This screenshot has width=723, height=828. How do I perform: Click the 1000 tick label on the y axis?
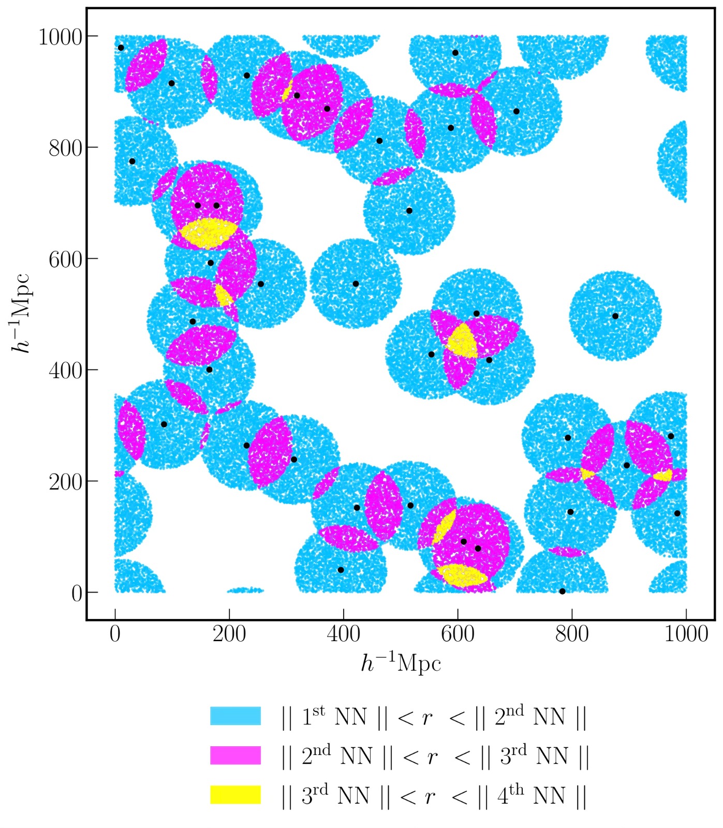pyautogui.click(x=61, y=37)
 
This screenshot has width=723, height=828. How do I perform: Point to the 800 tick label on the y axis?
pyautogui.click(x=66, y=148)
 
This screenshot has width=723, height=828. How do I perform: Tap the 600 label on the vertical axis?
pyautogui.click(x=66, y=259)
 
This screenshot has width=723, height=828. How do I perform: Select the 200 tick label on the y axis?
pyautogui.click(x=66, y=482)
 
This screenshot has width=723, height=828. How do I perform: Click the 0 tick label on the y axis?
pyautogui.click(x=77, y=593)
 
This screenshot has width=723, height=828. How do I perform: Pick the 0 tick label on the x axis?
pyautogui.click(x=115, y=634)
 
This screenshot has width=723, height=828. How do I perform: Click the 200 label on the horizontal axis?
pyautogui.click(x=229, y=634)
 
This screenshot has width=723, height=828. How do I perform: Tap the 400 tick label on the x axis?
pyautogui.click(x=343, y=634)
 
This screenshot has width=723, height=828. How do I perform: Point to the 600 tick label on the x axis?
pyautogui.click(x=458, y=634)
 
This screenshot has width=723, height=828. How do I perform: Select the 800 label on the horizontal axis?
pyautogui.click(x=572, y=634)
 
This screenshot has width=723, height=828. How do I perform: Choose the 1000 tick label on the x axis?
pyautogui.click(x=686, y=634)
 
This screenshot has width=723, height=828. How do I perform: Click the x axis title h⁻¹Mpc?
pyautogui.click(x=401, y=663)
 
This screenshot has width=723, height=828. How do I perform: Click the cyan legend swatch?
pyautogui.click(x=235, y=716)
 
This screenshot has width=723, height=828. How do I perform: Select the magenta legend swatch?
pyautogui.click(x=235, y=755)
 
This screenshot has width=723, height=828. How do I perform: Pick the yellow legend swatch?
pyautogui.click(x=235, y=794)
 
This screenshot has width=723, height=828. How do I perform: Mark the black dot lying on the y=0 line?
pyautogui.click(x=562, y=592)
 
